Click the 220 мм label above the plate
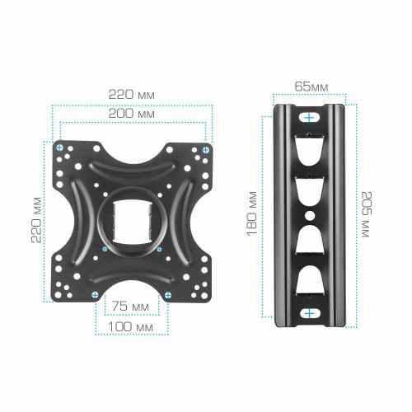(132, 93)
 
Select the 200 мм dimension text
(132, 114)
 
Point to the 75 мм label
(133, 307)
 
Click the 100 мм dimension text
(133, 328)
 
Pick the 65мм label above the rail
(309, 86)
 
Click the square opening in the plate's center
(132, 222)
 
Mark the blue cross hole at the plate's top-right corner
(204, 147)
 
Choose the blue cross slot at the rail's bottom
(309, 313)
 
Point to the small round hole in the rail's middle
(309, 216)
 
